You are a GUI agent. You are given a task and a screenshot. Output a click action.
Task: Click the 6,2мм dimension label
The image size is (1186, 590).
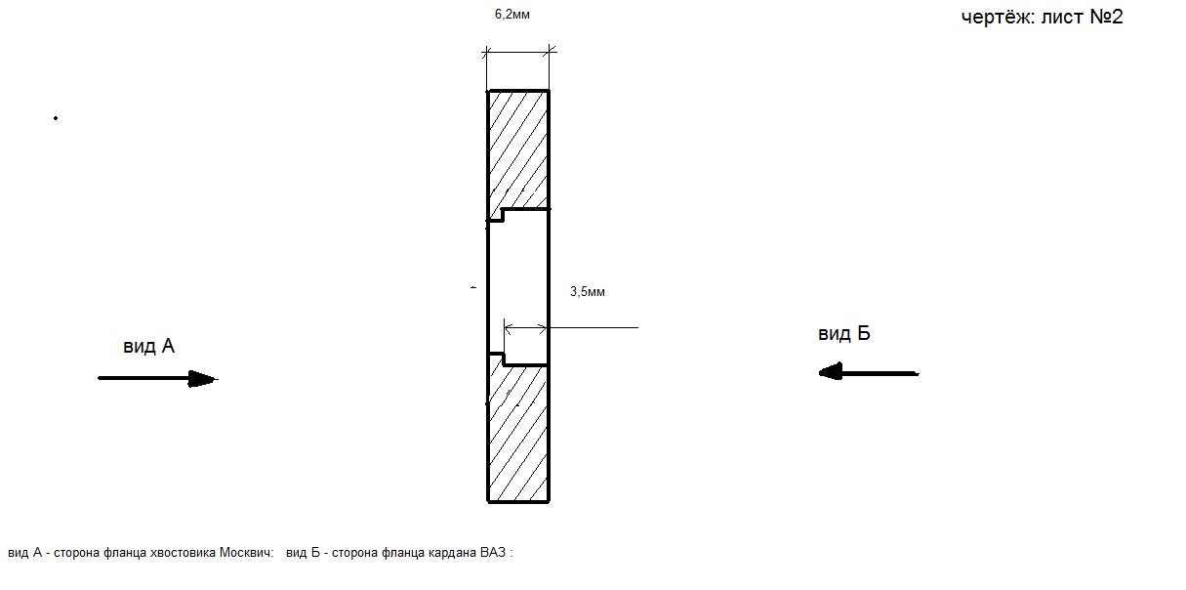click(512, 15)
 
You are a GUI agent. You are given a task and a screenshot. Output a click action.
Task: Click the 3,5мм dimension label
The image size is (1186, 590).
click(588, 292)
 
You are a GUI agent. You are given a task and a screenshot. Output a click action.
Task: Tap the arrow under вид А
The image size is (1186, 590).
click(158, 379)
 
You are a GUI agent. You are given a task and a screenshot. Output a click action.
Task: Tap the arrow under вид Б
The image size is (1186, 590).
click(869, 372)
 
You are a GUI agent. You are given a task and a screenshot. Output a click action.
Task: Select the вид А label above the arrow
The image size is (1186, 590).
click(148, 347)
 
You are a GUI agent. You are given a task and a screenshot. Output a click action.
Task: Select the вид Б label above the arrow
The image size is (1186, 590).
click(844, 334)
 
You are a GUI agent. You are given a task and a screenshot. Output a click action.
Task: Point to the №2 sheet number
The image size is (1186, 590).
click(1106, 17)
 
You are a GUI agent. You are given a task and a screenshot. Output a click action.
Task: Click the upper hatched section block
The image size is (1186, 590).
click(517, 152)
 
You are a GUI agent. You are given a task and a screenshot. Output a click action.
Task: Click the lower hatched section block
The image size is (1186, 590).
click(517, 430)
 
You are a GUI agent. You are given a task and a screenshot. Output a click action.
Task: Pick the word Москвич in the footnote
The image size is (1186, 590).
click(246, 553)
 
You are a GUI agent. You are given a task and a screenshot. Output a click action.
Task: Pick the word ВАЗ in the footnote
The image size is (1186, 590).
click(493, 553)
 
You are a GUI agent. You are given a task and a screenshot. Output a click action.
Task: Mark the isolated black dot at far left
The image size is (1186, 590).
click(56, 118)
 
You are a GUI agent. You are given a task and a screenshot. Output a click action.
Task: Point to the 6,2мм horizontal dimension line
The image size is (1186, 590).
click(518, 52)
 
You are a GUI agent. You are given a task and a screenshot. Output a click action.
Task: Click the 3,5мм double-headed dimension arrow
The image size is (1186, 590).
click(525, 328)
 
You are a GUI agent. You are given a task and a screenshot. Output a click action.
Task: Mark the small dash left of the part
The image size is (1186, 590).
click(473, 287)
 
